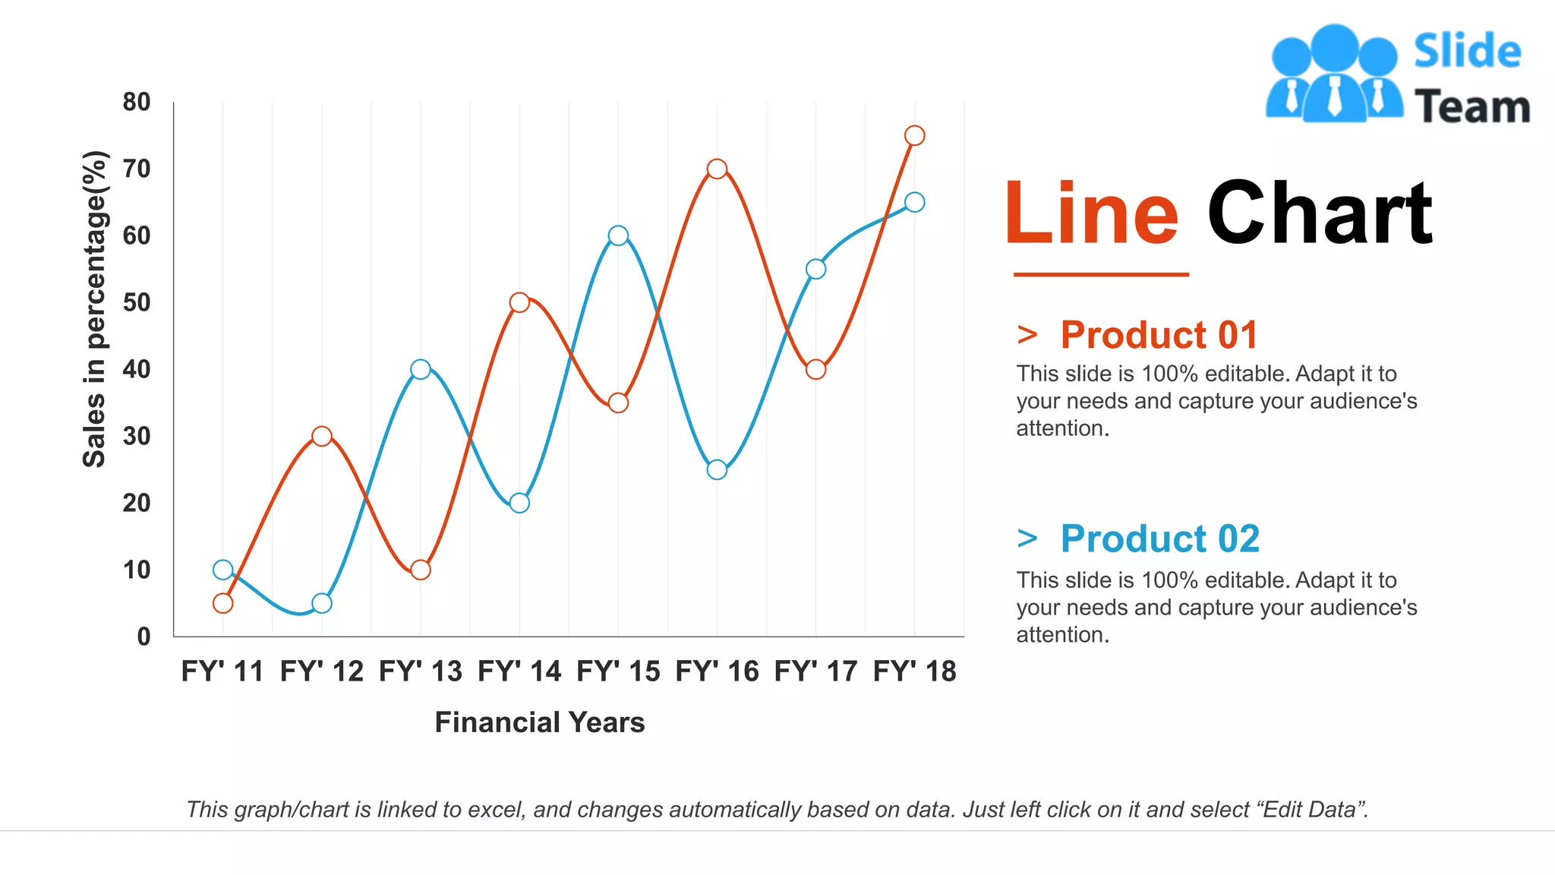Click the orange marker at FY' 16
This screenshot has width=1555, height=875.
coord(717,169)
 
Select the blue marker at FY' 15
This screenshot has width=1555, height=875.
coord(618,235)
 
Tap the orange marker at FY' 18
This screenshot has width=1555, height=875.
coord(914,135)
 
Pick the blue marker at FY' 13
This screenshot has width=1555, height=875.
coord(421,369)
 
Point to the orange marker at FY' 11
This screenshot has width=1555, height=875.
coord(222,603)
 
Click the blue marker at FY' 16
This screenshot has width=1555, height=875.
coord(717,469)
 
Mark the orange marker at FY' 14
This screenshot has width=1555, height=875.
coord(519,302)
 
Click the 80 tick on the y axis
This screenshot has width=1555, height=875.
coord(137,102)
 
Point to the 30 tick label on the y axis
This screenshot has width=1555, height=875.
coord(137,436)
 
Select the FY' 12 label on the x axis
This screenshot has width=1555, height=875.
coord(322,671)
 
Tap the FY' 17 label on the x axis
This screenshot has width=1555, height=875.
coord(815,671)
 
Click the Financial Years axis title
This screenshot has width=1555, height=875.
coord(539,722)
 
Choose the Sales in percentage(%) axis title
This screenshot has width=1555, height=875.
coord(95,308)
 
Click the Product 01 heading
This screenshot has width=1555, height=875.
coord(1159,335)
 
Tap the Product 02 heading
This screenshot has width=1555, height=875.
coord(1159,539)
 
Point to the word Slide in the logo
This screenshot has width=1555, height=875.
coord(1467,52)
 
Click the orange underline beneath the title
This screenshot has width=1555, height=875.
coord(1101,274)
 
